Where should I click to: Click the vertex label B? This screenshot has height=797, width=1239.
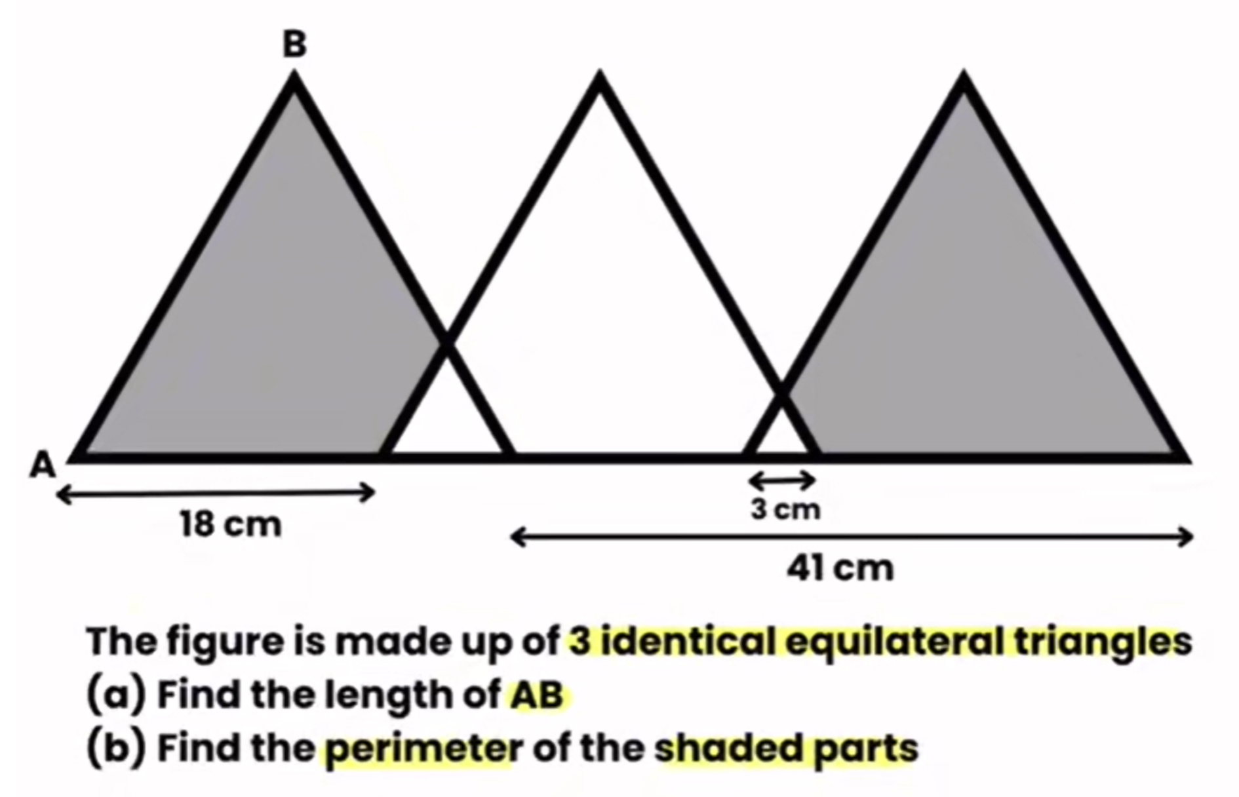(294, 45)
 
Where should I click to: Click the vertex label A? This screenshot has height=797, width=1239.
(43, 465)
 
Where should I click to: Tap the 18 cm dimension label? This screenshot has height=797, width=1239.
(231, 524)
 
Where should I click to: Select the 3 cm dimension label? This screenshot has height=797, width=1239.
(785, 509)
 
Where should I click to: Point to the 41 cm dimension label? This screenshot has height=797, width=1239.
(840, 568)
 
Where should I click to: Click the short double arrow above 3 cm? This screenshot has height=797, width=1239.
(782, 480)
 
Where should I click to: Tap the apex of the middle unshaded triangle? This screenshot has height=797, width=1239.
(599, 73)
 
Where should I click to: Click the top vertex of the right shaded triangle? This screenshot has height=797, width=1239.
(963, 73)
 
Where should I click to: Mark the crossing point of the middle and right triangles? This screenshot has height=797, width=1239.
(781, 393)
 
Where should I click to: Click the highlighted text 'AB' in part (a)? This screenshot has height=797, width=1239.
(537, 695)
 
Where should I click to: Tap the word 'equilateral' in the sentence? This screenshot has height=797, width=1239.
(894, 641)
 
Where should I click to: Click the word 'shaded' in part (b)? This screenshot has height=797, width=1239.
(727, 748)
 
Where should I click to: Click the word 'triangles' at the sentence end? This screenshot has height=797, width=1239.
(1103, 642)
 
